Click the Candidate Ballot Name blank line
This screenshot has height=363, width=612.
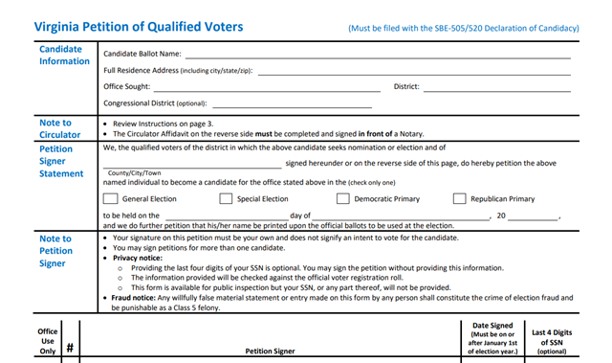(378, 57)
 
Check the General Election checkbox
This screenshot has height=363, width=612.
(110, 199)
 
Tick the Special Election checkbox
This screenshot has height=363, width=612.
(226, 199)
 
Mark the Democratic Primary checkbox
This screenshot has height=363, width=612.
(342, 199)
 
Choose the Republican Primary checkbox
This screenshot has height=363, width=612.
(459, 199)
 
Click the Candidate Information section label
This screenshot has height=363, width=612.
(64, 55)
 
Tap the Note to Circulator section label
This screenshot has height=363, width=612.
(55, 129)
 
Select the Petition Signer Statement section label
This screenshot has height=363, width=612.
(62, 162)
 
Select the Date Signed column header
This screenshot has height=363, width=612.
(493, 339)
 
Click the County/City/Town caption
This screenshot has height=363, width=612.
(132, 173)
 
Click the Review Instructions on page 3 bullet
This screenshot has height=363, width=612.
(162, 125)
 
